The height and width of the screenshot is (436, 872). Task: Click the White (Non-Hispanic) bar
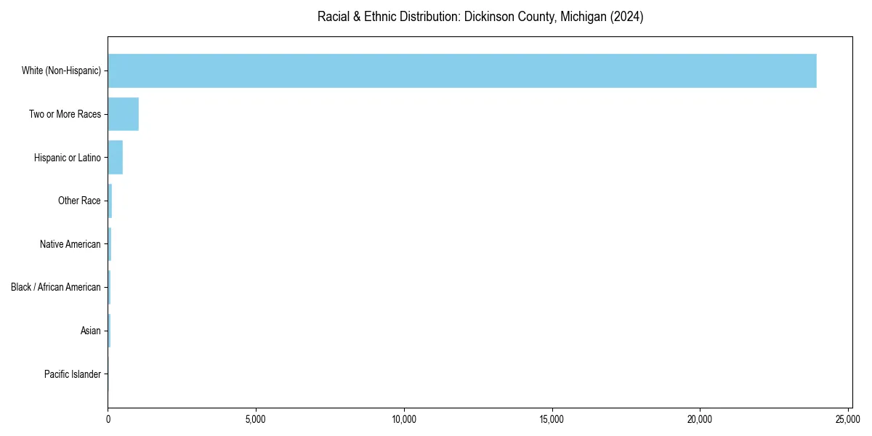coord(462,70)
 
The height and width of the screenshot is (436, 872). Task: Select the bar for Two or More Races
coord(123,114)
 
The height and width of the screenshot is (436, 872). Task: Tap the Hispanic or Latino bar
coord(115,157)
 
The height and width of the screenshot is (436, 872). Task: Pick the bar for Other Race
coord(110,201)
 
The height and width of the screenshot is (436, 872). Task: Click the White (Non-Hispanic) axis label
coord(61,71)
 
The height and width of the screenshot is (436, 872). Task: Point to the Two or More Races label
coord(65,114)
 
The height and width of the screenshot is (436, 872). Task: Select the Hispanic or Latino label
coord(68,158)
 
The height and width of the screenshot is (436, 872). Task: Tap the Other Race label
coord(79,201)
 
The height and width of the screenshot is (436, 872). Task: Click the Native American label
coord(70,244)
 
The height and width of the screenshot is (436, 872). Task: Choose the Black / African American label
coord(56,287)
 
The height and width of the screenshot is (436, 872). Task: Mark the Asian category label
coord(91,331)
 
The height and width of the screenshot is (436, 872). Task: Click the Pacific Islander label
coord(73,374)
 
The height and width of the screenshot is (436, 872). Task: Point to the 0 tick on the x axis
coord(108,419)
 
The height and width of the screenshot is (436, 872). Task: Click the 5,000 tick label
coord(256,419)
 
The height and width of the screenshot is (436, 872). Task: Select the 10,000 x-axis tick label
coord(404,419)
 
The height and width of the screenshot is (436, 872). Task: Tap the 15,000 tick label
coord(552,419)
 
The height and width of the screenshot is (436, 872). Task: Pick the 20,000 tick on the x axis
coord(701,419)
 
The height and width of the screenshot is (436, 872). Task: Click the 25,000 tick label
coord(848,419)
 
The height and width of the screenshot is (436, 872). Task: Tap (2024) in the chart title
coord(626,17)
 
